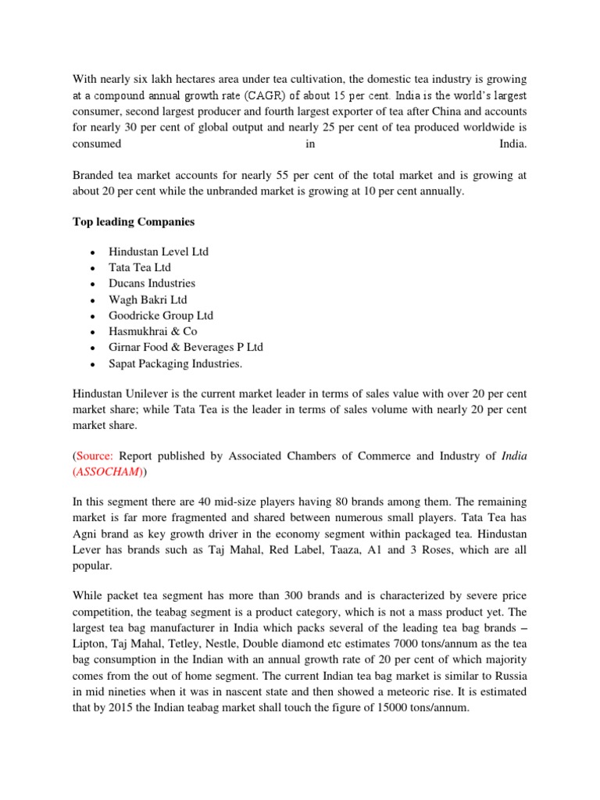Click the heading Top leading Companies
point(134,222)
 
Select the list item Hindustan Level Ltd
point(159,252)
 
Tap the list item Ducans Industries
point(152,283)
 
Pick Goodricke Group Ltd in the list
point(161,315)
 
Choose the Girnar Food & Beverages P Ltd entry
point(186,347)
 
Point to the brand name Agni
point(88,534)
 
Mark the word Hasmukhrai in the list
point(140,331)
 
